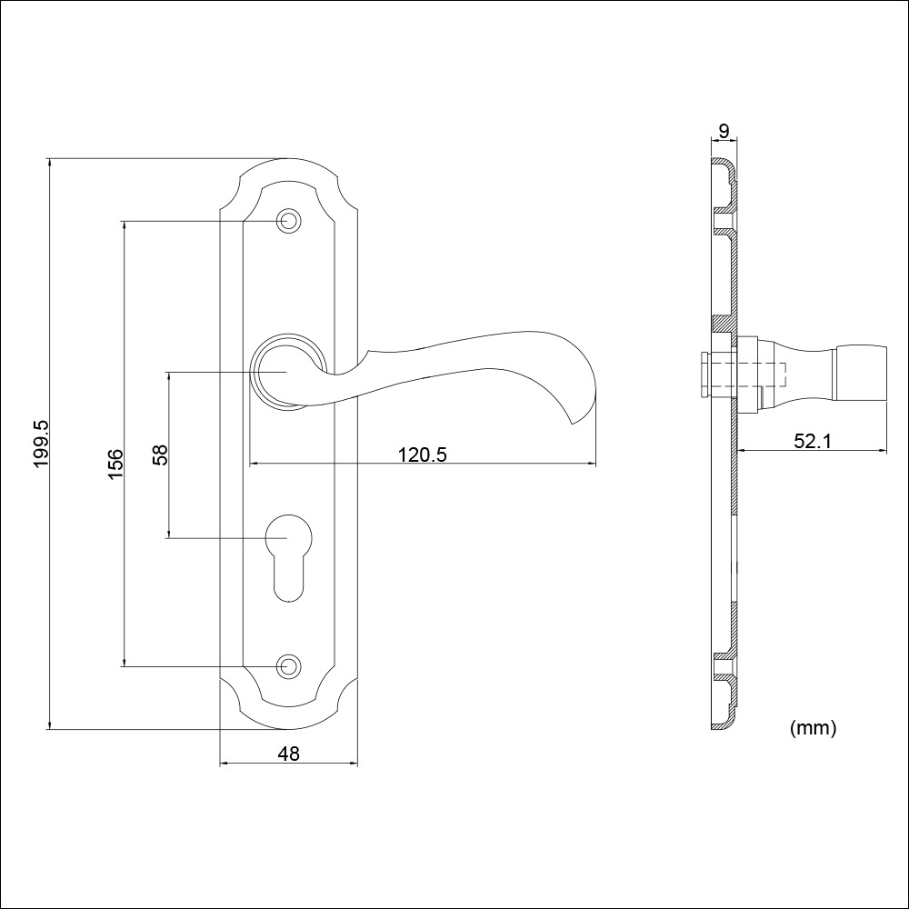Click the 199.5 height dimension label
point(42,445)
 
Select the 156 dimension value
point(115,464)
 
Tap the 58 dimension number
point(160,454)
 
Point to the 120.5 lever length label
point(422,454)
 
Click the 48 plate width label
point(288,754)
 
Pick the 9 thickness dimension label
point(724,131)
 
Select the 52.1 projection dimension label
point(812,441)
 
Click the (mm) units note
point(813,727)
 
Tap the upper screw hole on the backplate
point(288,221)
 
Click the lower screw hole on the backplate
point(288,666)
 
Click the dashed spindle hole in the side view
point(748,375)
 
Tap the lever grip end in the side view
point(860,373)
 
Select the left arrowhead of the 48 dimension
point(225,763)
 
